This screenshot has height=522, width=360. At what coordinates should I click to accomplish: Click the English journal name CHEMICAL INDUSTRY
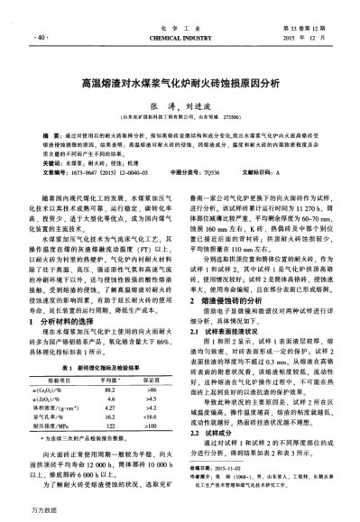180,39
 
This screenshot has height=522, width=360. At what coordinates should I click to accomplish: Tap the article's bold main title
180,80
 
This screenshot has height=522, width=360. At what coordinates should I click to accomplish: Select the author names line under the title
180,102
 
